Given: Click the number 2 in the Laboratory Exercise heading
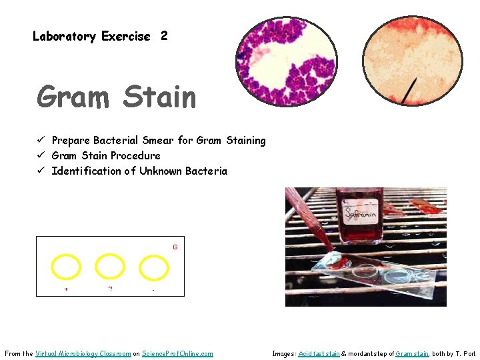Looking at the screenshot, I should point(164,36).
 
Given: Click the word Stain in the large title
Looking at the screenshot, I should point(160,97).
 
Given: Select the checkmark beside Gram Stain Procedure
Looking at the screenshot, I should point(41,155).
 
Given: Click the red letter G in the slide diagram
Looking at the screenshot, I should point(175,247).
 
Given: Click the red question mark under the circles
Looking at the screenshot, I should point(110,289).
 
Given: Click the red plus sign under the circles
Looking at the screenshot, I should point(66,289).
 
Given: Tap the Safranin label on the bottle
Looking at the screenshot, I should point(361,213).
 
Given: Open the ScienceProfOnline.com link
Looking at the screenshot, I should point(177,353).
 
